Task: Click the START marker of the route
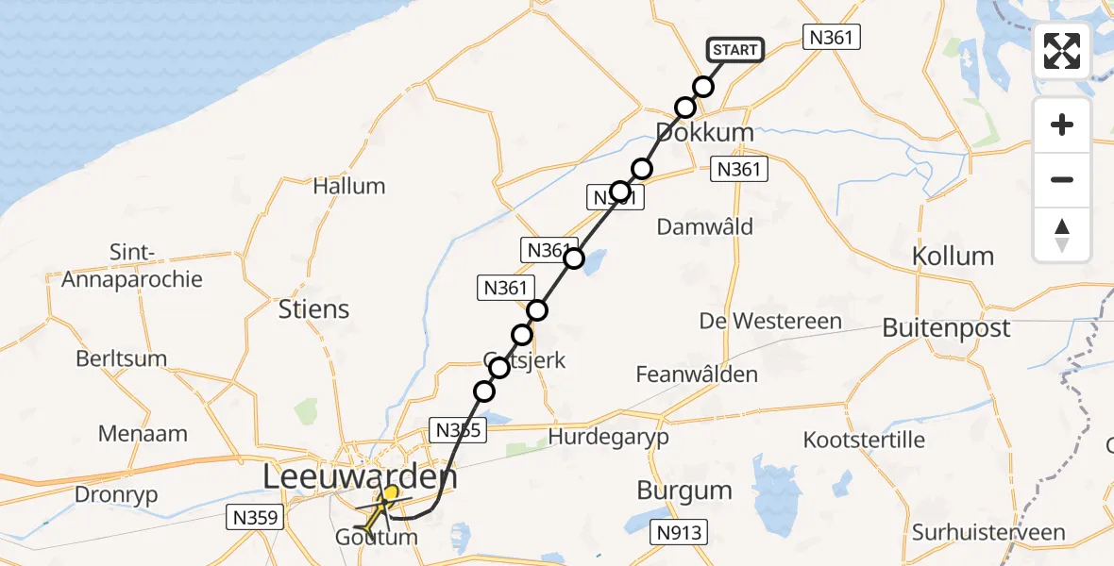734,50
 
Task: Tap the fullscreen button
1062,51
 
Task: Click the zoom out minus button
1062,179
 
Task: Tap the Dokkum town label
705,133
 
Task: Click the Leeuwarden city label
360,477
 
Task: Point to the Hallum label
349,186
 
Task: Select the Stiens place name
314,309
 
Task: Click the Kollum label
953,256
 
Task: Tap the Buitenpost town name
946,328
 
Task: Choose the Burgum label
684,491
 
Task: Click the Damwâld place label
705,226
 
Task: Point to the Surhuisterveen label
987,533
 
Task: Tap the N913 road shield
679,533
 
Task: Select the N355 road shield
459,431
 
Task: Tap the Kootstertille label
864,440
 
